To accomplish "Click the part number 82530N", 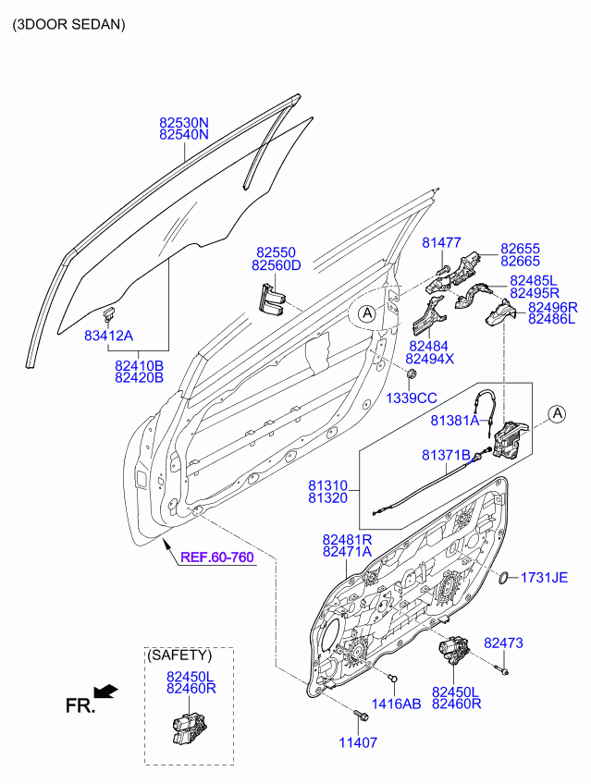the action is pyautogui.click(x=184, y=122).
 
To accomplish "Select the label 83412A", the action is pyautogui.click(x=108, y=336).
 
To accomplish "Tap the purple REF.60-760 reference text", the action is pyautogui.click(x=217, y=557).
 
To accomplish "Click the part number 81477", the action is pyautogui.click(x=441, y=242).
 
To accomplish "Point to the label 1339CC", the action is pyautogui.click(x=412, y=398).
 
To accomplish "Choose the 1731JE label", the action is pyautogui.click(x=545, y=578).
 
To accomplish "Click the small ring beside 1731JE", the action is pyautogui.click(x=505, y=578).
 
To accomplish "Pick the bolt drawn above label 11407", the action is pyautogui.click(x=361, y=716).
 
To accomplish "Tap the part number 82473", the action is pyautogui.click(x=503, y=643).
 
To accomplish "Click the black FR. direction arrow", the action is pyautogui.click(x=106, y=691).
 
